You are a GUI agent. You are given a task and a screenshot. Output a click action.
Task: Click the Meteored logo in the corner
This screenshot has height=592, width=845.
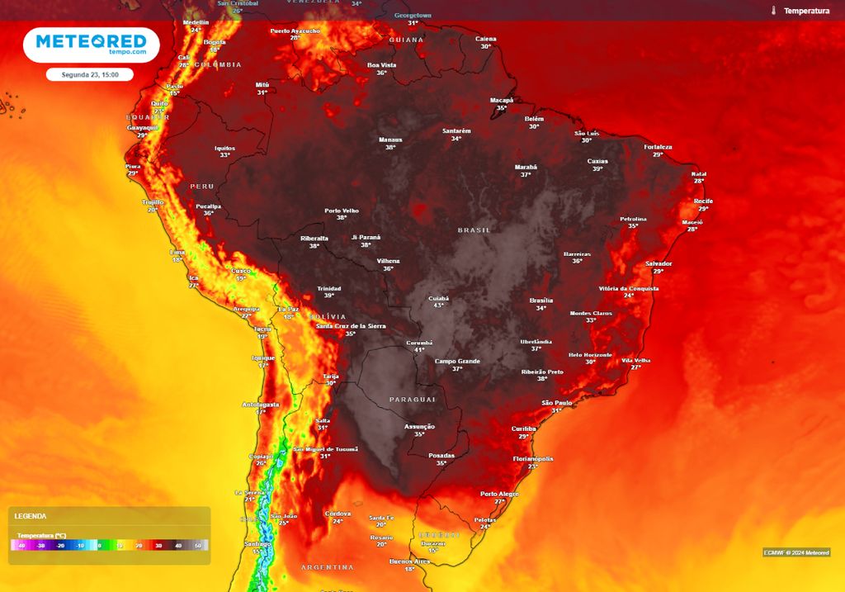(x=91, y=45)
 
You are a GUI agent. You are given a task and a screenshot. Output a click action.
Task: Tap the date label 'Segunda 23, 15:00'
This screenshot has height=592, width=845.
(x=90, y=74)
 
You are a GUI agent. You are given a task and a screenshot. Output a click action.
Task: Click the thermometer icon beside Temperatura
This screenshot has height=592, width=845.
(x=773, y=11)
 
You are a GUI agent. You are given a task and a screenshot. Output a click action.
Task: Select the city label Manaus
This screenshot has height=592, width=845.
(x=390, y=140)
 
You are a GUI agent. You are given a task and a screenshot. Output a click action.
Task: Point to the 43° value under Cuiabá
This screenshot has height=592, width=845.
(x=439, y=305)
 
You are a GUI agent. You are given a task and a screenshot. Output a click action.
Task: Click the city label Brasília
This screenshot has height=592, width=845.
(x=541, y=301)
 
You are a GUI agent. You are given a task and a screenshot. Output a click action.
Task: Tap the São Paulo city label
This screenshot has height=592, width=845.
(x=557, y=402)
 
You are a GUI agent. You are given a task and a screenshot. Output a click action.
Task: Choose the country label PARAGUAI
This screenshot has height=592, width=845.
(x=412, y=400)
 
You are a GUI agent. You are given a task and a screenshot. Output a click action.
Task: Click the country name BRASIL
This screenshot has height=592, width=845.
(x=474, y=230)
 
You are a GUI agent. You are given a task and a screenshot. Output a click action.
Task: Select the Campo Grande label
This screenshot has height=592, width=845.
(x=457, y=361)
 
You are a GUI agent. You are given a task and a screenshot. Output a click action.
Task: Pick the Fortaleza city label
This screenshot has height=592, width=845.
(x=658, y=147)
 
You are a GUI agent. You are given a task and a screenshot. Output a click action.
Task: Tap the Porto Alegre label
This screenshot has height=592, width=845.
(x=499, y=494)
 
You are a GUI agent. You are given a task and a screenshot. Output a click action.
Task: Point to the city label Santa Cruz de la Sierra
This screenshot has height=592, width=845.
(x=351, y=326)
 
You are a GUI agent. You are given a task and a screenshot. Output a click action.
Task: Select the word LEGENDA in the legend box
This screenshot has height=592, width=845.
(x=31, y=516)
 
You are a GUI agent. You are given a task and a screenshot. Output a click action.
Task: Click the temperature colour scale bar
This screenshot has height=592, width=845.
(x=110, y=546)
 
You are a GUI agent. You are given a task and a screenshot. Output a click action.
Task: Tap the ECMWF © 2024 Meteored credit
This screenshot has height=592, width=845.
(x=795, y=552)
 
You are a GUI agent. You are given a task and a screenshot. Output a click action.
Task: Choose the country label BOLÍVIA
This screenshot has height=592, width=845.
(x=327, y=317)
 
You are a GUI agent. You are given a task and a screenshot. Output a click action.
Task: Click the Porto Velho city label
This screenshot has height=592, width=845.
(x=342, y=211)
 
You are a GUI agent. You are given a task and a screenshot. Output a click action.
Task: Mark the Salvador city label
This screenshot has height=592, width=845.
(x=659, y=263)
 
